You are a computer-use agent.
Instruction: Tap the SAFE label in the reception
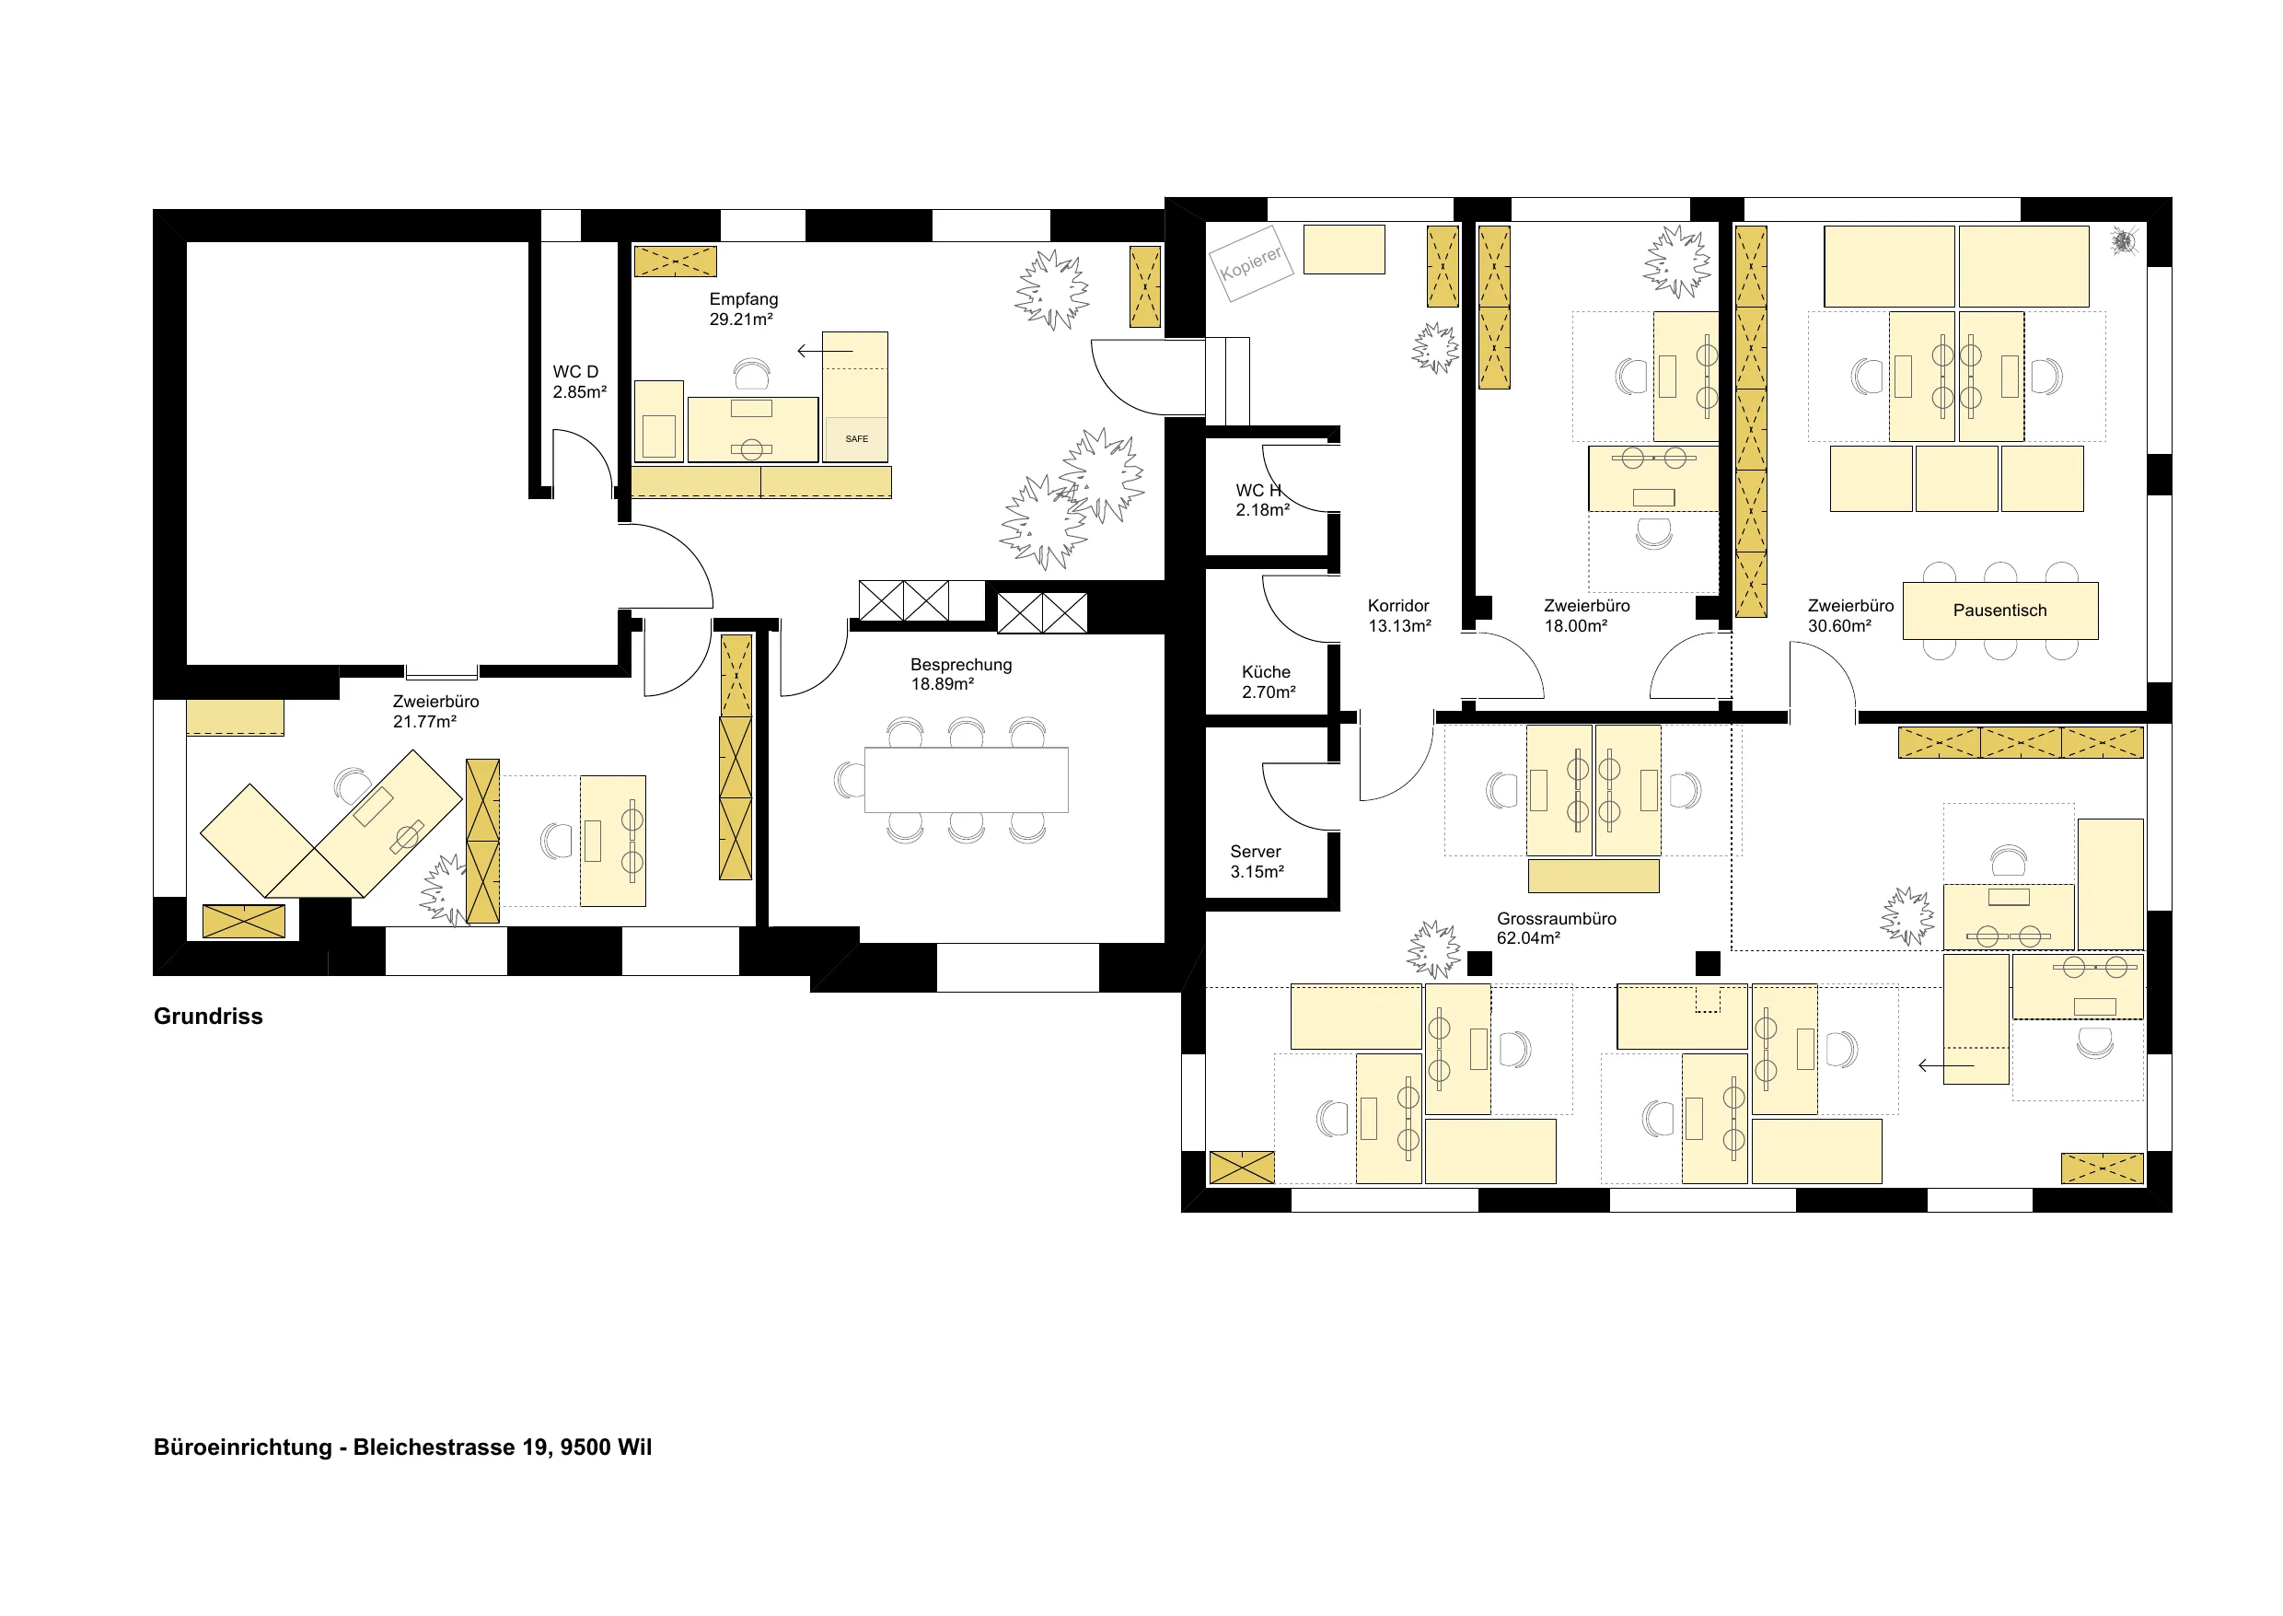pos(856,439)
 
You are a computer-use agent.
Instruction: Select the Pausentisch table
pos(1999,610)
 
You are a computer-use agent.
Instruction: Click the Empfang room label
pos(743,298)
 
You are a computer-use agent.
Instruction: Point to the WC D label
pos(576,371)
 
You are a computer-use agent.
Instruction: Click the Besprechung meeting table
pos(966,780)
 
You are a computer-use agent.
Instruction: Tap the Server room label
pos(1256,851)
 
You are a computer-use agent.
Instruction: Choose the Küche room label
pos(1266,671)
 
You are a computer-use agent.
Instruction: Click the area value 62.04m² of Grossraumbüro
pos(1528,938)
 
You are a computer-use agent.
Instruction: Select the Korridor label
pos(1397,605)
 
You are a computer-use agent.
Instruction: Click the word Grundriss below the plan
pos(208,1016)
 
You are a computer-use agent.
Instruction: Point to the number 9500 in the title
pos(585,1447)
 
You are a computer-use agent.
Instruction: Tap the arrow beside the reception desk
pos(825,350)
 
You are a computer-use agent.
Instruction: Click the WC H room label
pos(1258,490)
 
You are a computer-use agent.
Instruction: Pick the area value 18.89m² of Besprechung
pos(942,684)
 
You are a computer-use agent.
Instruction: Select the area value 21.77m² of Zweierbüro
pos(423,721)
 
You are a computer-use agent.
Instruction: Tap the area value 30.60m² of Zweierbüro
pos(1839,626)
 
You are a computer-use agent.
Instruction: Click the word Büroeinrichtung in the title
pos(243,1447)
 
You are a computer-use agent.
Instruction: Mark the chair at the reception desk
pos(752,375)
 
